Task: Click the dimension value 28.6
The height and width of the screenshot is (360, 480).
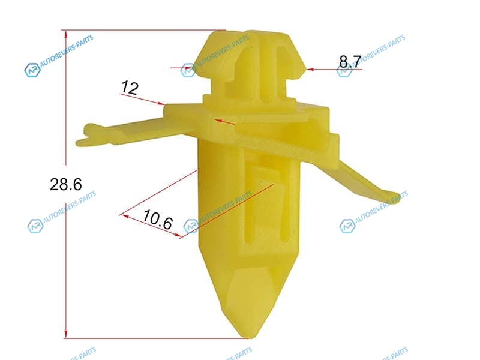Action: click(66, 185)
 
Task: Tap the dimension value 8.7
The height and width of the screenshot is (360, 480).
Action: click(350, 62)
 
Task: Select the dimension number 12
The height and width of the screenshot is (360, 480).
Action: click(130, 88)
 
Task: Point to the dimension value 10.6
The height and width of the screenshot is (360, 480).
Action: click(158, 220)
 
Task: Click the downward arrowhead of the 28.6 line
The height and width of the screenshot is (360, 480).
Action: click(66, 334)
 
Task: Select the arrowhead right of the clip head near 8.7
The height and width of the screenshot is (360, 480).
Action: click(310, 70)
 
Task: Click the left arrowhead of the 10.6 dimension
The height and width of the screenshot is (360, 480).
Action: click(125, 217)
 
